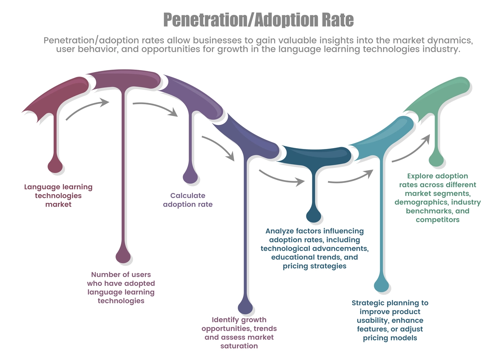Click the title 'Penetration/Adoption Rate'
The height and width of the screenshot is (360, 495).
258,20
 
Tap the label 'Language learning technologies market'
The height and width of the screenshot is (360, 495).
58,196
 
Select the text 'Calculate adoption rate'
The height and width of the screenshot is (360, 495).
188,200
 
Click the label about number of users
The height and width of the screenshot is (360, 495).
121,288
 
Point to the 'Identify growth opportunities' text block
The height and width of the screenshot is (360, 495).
239,333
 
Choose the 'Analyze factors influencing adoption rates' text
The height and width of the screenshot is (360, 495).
315,248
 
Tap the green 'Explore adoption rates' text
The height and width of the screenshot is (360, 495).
437,198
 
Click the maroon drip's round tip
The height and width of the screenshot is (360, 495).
55,166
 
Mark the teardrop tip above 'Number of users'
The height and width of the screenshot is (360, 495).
123,256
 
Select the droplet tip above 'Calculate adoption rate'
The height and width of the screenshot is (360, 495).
190,176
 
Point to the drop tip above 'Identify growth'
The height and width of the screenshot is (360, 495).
245,307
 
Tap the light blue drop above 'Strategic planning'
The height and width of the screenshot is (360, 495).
382,285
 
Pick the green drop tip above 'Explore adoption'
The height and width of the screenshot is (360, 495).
436,159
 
